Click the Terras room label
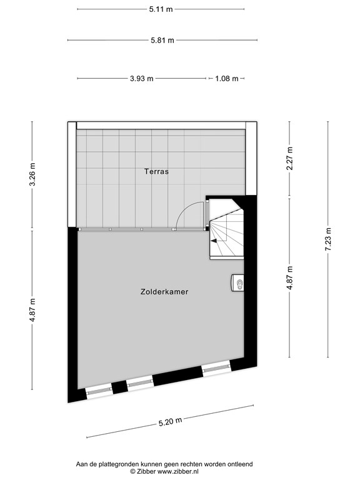click(156, 171)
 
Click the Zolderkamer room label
click(165, 291)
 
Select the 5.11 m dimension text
click(161, 10)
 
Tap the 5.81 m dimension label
click(162, 41)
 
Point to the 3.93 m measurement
click(142, 79)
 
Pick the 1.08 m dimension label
click(227, 79)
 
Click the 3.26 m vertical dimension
click(32, 176)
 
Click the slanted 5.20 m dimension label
click(170, 422)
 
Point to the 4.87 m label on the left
click(32, 309)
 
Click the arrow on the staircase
click(216, 239)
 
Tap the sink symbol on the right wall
click(238, 284)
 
